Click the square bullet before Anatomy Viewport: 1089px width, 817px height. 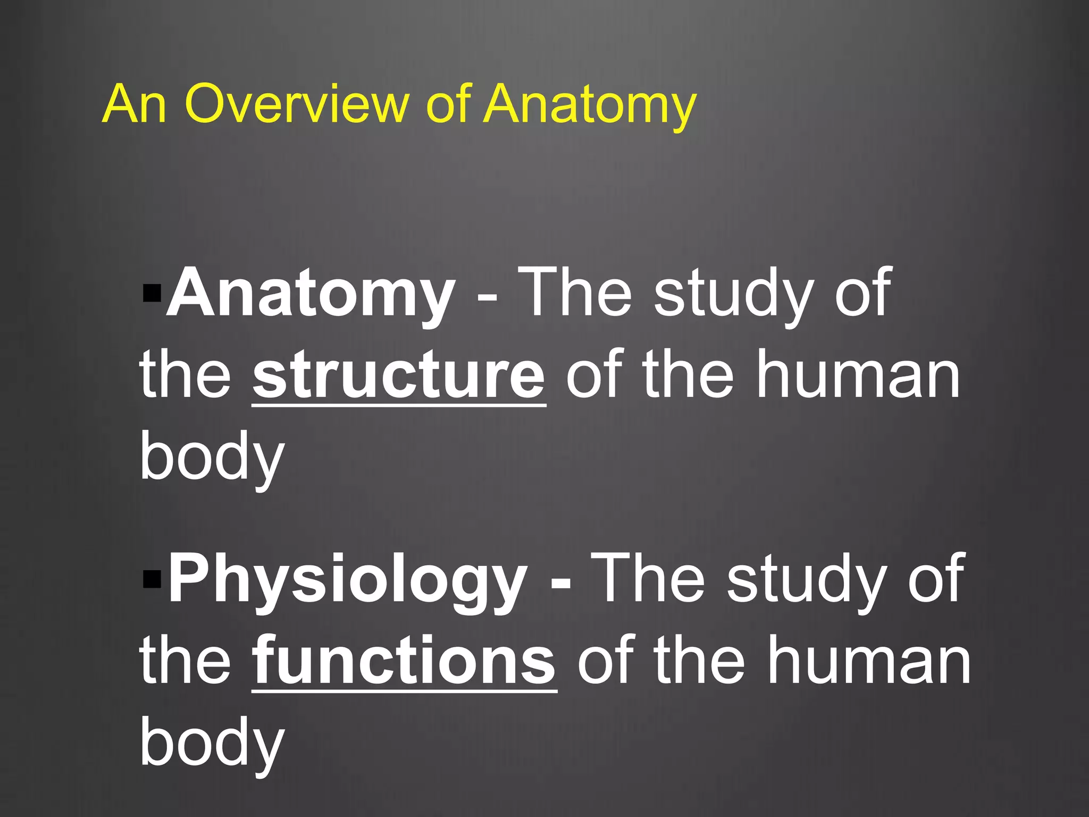pyautogui.click(x=152, y=293)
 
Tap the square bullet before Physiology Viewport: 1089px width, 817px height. pyautogui.click(x=152, y=578)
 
